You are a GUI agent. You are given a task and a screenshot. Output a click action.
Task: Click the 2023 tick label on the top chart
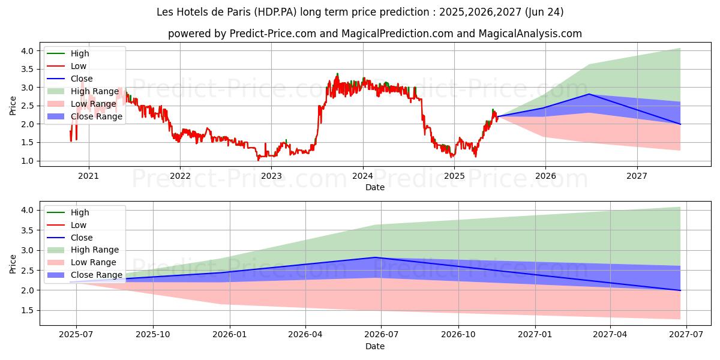[271, 176]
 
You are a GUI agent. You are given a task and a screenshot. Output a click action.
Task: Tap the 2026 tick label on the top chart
[545, 176]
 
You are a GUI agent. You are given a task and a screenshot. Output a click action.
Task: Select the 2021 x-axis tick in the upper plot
[89, 176]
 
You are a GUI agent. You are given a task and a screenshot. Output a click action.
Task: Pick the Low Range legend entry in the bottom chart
[94, 262]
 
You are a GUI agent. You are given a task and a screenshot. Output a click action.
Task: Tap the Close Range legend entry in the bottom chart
[96, 275]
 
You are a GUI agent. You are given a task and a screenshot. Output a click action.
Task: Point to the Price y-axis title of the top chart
[13, 106]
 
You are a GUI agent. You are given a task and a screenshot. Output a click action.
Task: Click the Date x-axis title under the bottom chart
[375, 346]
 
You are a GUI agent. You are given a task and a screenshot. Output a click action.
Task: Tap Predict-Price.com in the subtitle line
[273, 34]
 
